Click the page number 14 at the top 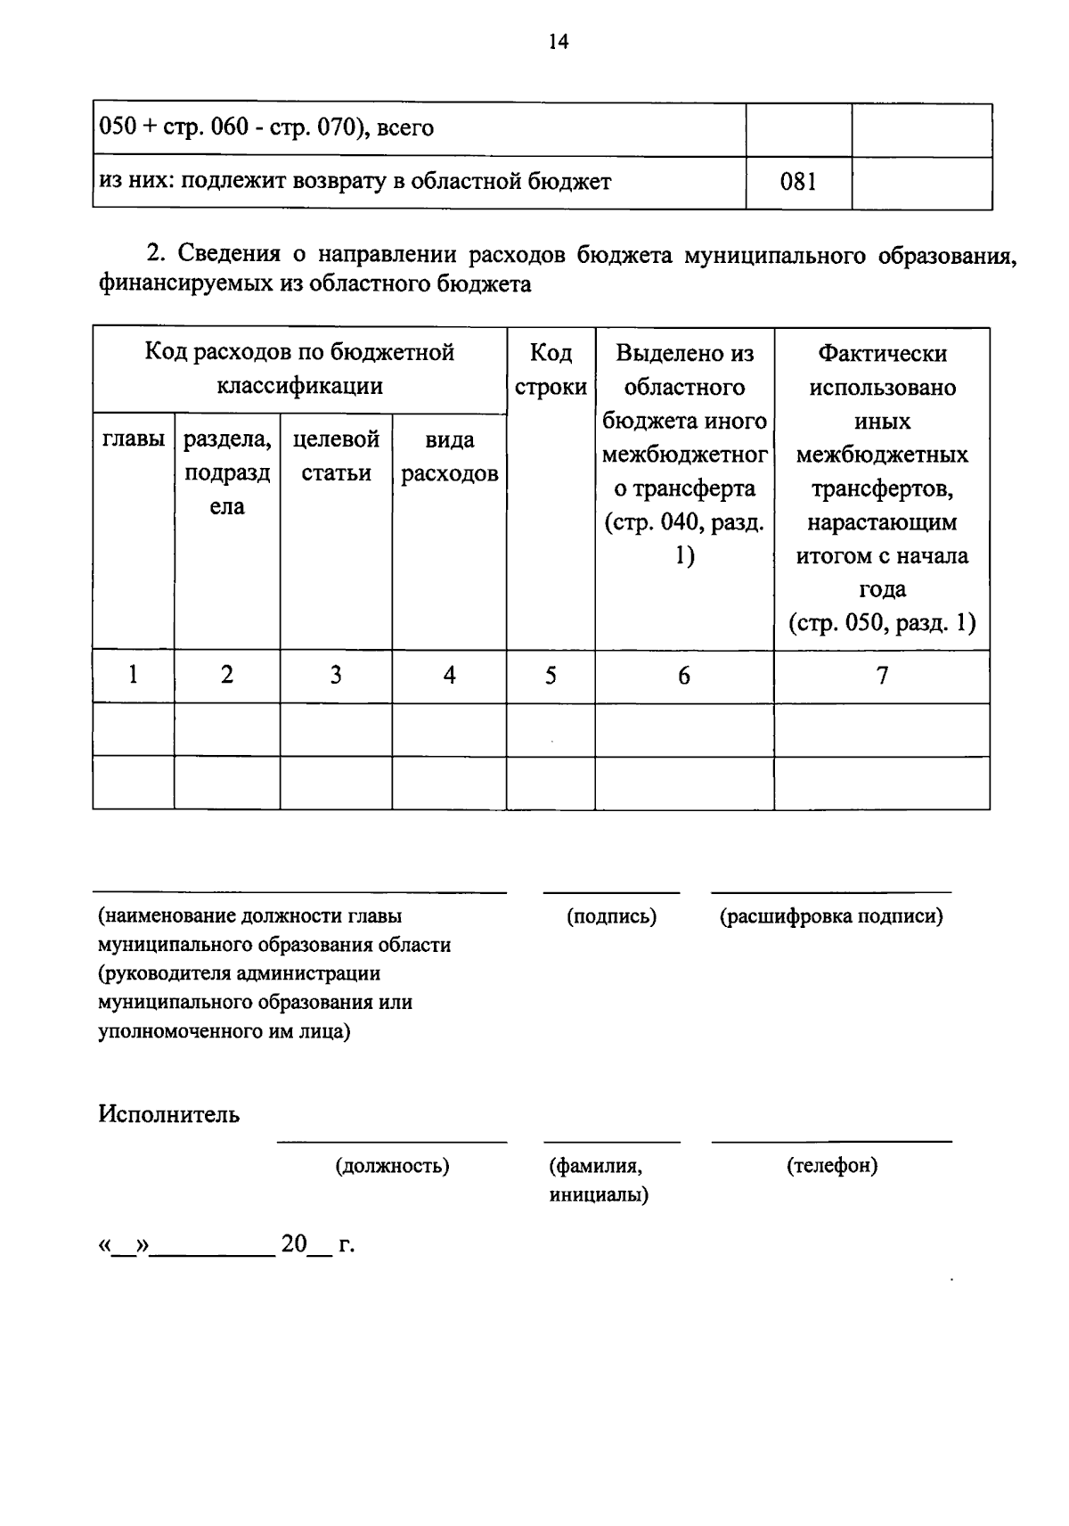point(559,42)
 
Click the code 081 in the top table point(798,183)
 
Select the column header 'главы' point(134,439)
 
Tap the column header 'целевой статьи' point(336,456)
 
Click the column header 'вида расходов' point(449,456)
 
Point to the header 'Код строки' point(551,370)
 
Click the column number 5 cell point(551,676)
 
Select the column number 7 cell point(882,676)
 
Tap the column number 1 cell point(133,675)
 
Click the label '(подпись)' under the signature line point(611,916)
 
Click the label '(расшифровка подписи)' point(830,916)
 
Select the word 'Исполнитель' point(169,1114)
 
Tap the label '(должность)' point(392,1166)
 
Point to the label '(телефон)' point(832,1166)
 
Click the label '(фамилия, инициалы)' point(599,1180)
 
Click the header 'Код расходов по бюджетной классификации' point(299,369)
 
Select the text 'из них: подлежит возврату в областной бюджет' point(355,183)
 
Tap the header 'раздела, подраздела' point(227,472)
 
